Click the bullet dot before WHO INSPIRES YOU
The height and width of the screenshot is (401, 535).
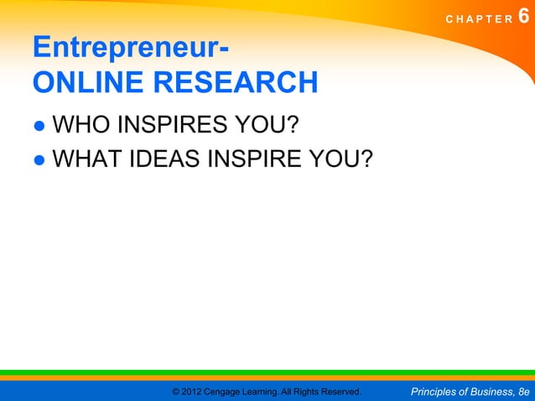[39, 128]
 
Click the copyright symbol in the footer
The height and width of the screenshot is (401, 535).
[175, 392]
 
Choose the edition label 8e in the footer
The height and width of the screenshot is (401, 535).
[524, 392]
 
